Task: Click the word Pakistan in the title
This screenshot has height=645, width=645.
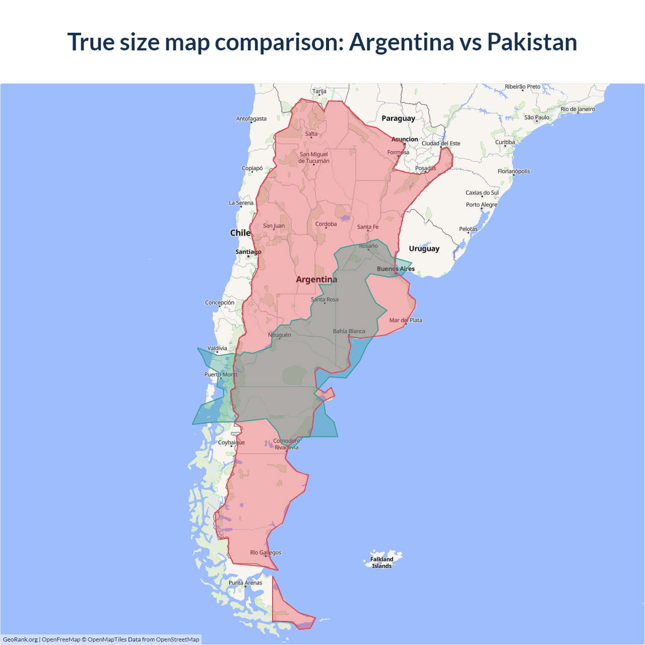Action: pos(532,42)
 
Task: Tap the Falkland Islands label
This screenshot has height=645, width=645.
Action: pos(381,562)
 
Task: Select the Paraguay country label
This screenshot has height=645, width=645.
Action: pos(398,118)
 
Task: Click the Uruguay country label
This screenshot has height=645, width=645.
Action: pos(424,248)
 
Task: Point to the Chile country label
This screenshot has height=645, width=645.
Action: pos(240,233)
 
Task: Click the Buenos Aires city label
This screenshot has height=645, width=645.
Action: pos(396,269)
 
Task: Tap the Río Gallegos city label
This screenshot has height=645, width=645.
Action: pos(266,552)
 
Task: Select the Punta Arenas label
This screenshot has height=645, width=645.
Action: pos(245,583)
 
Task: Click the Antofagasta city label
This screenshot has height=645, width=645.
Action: pos(251,119)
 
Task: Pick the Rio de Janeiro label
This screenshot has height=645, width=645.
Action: pos(577,109)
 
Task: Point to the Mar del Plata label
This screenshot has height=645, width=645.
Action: pos(406,320)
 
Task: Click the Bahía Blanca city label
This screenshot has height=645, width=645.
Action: pos(349,331)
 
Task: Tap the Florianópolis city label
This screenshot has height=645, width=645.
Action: pos(513,171)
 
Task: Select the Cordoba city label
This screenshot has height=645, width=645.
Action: pos(326,224)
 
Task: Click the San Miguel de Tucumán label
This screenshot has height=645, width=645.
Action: pos(313,158)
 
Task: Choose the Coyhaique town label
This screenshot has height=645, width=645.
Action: pos(231,442)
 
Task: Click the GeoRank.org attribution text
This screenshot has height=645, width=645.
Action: pos(20,639)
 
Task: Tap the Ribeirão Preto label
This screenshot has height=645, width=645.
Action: pos(523,87)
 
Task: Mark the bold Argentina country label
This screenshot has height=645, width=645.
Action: pos(316,279)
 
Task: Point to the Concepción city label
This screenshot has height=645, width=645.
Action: pos(219,302)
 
